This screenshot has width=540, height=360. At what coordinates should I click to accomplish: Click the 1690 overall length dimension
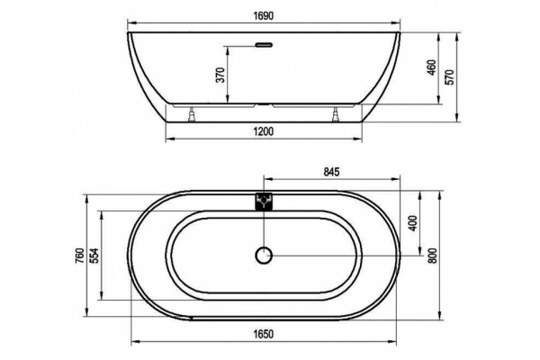click(x=264, y=16)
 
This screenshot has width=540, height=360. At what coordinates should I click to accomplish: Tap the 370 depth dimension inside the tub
click(x=220, y=75)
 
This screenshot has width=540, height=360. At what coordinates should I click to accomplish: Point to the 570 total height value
click(x=450, y=77)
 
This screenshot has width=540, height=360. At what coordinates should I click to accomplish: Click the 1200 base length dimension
click(x=264, y=131)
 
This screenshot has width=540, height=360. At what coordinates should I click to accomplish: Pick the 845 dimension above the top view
click(x=331, y=172)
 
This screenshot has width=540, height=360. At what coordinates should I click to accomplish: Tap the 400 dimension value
click(x=413, y=223)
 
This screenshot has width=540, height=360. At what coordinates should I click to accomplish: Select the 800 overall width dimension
click(x=433, y=256)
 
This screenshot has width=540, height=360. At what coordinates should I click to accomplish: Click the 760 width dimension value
click(x=79, y=256)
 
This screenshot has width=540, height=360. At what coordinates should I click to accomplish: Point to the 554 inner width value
click(x=94, y=256)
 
